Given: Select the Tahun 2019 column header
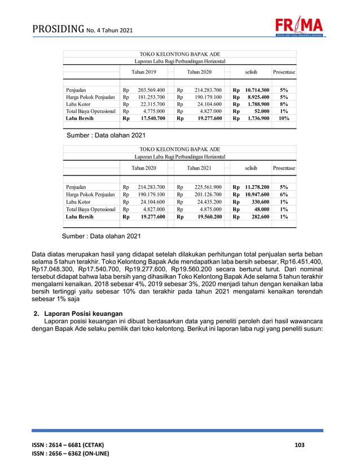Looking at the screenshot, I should pos(144,72).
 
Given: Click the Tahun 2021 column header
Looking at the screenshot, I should pos(199,168).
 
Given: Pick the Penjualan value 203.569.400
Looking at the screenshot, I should pos(151,90).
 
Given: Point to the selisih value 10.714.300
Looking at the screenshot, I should pos(257,90).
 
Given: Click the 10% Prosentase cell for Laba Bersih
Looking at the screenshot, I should pos(284,118).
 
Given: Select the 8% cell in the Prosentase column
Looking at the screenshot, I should pos(284,104).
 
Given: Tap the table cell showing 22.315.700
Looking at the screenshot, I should pos(151,104).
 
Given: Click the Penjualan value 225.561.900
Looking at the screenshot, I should pos(208,186).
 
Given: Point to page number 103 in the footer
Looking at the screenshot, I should pos(300,446).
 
